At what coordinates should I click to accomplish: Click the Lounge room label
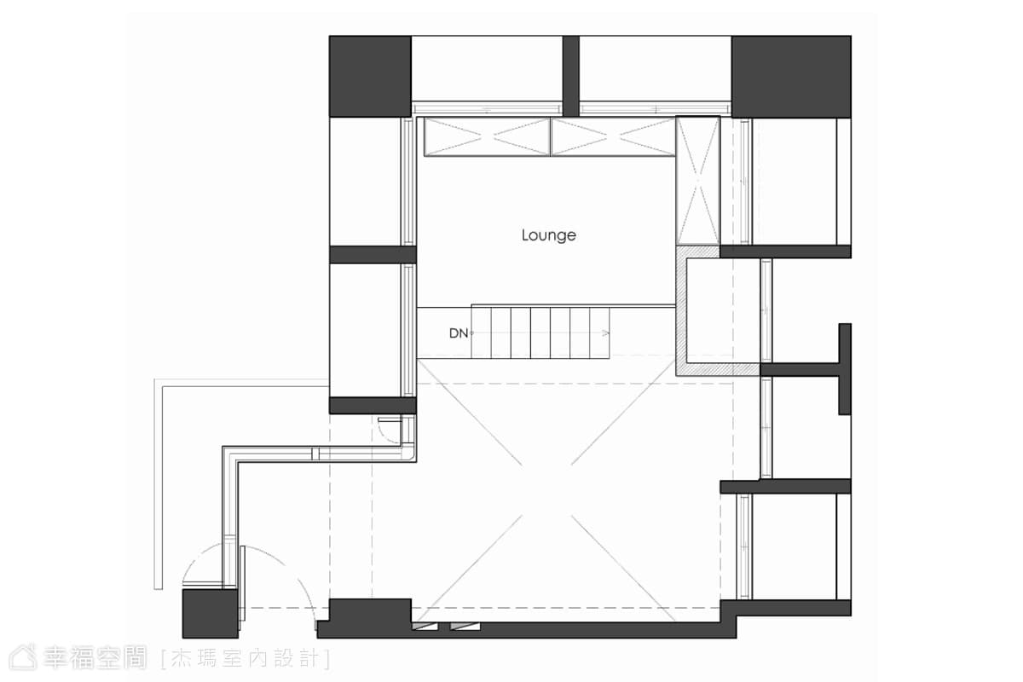(548, 235)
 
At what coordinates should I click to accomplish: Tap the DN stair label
(459, 333)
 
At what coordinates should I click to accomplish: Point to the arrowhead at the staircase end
(606, 333)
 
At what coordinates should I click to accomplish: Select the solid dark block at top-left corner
(370, 76)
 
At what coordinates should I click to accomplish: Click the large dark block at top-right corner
(791, 76)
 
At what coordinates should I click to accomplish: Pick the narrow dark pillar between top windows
(571, 76)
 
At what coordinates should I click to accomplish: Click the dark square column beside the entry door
(210, 614)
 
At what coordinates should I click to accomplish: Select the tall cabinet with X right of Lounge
(698, 181)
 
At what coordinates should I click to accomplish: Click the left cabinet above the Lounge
(488, 136)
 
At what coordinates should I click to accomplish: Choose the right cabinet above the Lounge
(613, 136)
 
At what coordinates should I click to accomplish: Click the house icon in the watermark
(23, 657)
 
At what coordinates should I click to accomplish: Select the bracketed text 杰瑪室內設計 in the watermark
(246, 659)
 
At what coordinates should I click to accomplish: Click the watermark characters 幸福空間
(95, 658)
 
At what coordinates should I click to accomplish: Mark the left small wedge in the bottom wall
(425, 626)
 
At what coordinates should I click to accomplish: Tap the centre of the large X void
(546, 489)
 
